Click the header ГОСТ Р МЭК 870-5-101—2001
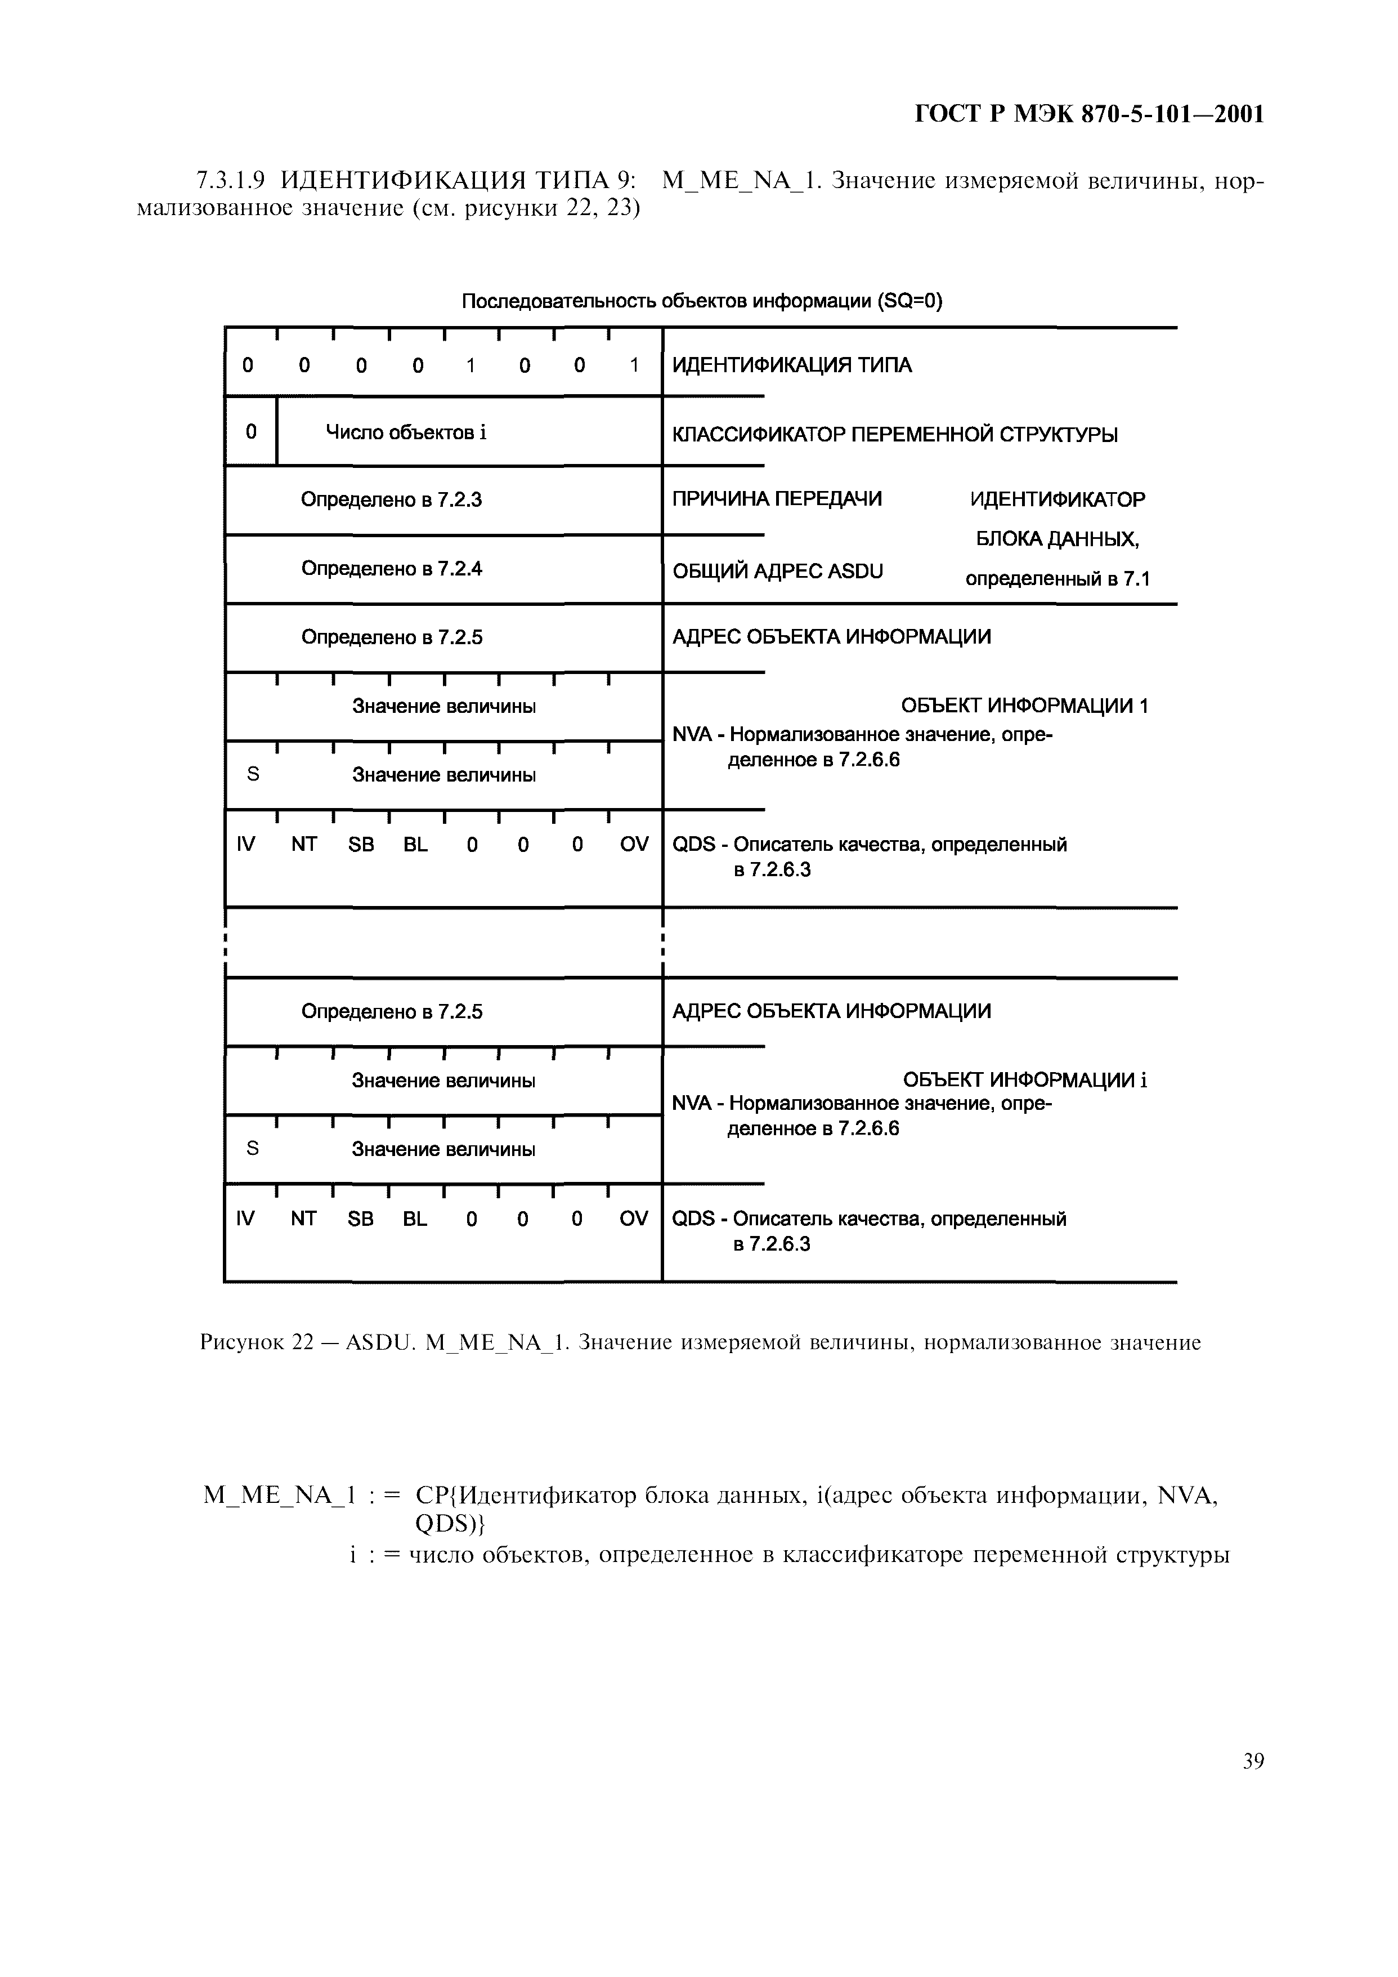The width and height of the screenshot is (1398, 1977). (1088, 114)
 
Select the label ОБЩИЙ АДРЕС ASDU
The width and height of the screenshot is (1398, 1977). (777, 572)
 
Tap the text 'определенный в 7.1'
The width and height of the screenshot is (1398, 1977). (1057, 579)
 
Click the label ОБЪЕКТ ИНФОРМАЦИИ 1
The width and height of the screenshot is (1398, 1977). (1024, 706)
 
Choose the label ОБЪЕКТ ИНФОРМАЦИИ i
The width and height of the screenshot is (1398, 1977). (1024, 1080)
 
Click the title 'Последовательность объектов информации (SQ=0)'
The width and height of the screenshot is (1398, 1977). (702, 301)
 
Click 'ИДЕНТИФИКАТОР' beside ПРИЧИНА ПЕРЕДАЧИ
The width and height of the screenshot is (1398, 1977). (1057, 500)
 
